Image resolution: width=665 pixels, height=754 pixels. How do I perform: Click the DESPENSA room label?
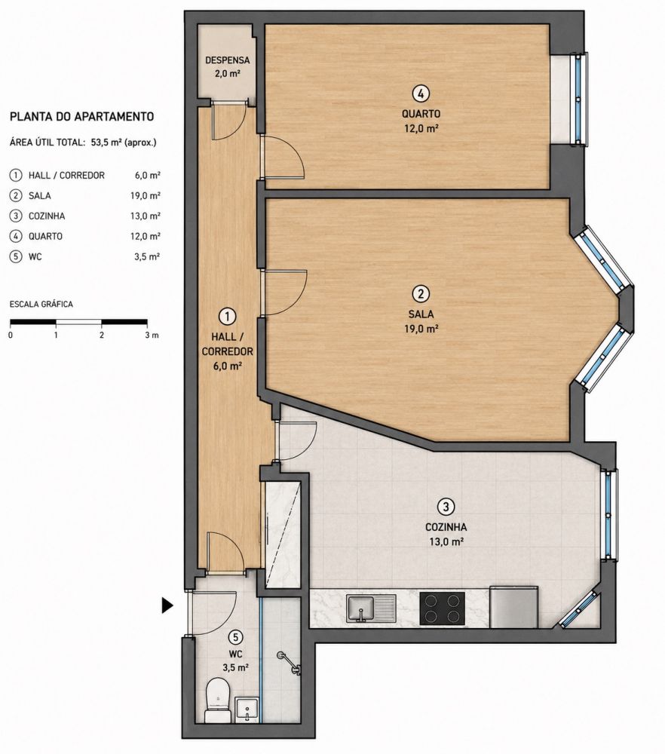click(228, 60)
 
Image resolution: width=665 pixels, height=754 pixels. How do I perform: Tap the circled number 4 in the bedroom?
click(421, 93)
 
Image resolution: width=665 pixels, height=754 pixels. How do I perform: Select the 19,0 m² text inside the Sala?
click(421, 329)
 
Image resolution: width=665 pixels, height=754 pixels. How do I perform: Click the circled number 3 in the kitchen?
click(446, 507)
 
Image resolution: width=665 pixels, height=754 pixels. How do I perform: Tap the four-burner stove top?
click(443, 608)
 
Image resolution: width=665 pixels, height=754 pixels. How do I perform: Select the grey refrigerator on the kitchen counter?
click(513, 607)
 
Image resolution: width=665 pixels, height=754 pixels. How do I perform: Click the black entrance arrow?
click(167, 605)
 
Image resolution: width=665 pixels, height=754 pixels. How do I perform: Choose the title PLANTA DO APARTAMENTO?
click(81, 117)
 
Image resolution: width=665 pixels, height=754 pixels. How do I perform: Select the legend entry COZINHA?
click(47, 216)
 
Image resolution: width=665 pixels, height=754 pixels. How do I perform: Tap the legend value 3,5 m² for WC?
click(147, 257)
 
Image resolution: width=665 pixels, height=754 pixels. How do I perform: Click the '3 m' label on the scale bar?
click(152, 336)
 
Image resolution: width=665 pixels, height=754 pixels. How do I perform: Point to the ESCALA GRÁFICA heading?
click(41, 305)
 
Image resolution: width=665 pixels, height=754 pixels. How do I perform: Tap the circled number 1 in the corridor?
click(227, 316)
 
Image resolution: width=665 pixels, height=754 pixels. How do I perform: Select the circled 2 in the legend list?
click(17, 196)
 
